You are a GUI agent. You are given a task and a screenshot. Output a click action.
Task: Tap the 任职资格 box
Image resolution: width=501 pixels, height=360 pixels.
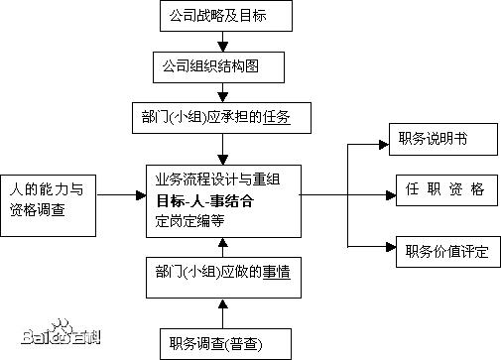(x=439, y=189)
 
